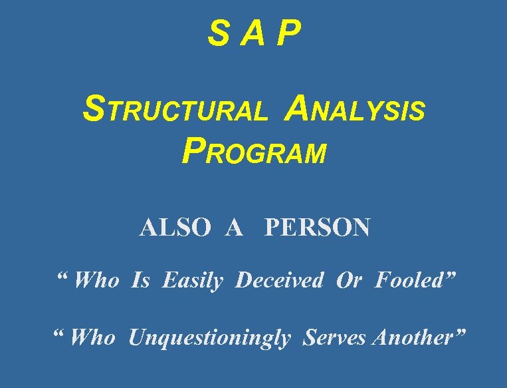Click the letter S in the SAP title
[218, 35]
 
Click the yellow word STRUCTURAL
[175, 110]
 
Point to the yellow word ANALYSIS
[354, 110]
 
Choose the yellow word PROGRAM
[254, 152]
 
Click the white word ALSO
[175, 228]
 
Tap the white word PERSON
[317, 228]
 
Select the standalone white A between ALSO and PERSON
[233, 228]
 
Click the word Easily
[193, 281]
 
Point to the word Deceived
[279, 281]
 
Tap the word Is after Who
[140, 281]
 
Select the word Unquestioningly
[209, 339]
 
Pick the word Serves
[334, 338]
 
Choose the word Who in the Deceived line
[96, 281]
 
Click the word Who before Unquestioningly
[92, 338]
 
